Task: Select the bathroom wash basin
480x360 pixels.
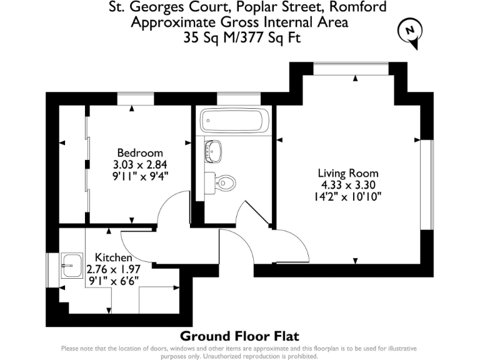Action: point(214,150)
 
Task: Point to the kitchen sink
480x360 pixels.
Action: point(72,266)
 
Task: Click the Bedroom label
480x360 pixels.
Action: point(140,153)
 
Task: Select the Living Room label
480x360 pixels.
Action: point(348,173)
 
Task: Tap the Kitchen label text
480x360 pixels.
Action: point(113,257)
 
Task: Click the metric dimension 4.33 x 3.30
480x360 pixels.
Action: point(348,184)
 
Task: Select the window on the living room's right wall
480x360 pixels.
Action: point(427,184)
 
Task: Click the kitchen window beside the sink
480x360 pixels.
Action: point(51,270)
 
